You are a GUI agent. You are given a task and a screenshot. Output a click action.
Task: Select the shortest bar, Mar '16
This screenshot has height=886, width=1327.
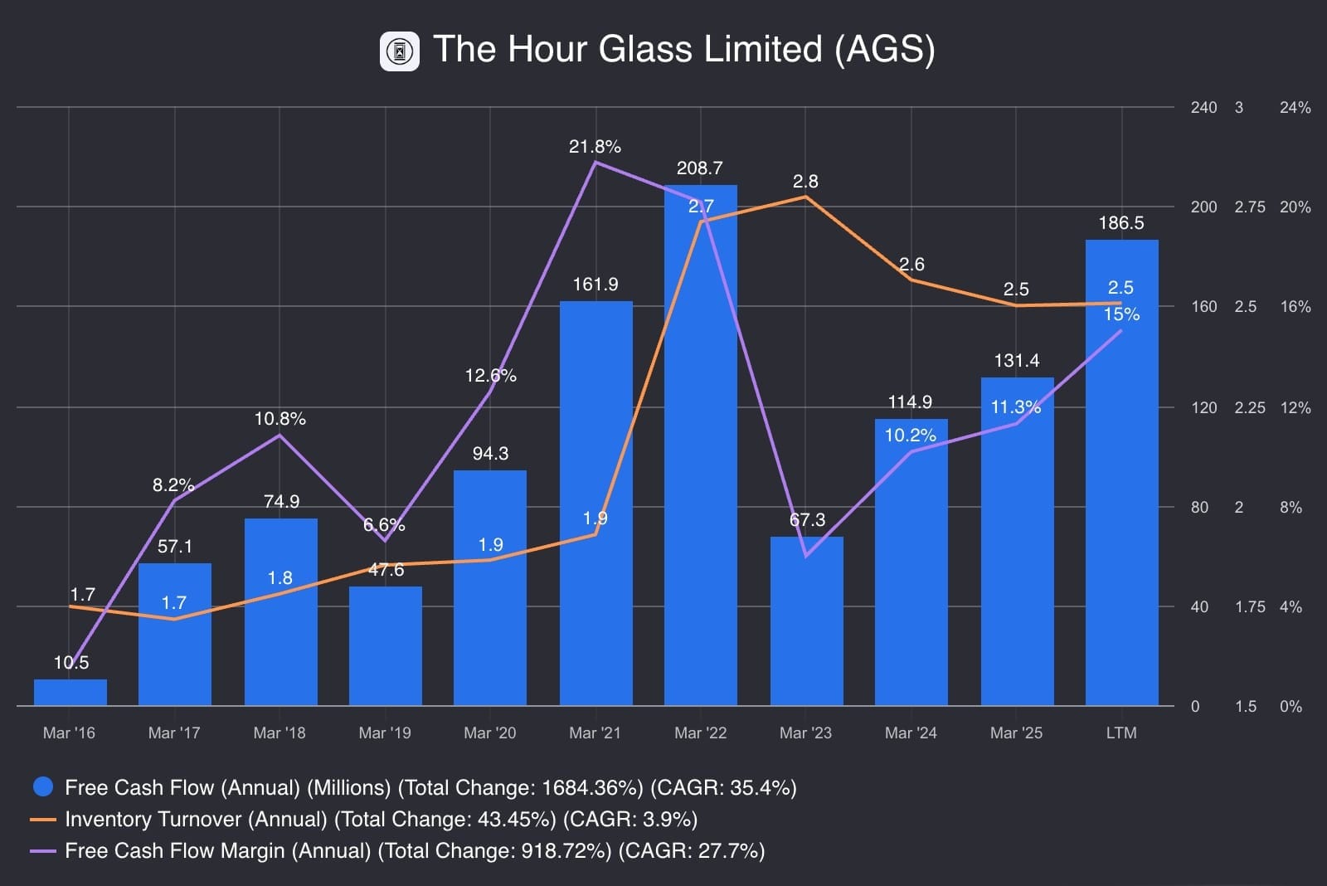[70, 693]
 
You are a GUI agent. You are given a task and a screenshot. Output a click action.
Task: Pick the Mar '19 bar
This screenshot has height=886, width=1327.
[385, 647]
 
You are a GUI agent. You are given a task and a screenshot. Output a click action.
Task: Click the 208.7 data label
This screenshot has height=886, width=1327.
[699, 168]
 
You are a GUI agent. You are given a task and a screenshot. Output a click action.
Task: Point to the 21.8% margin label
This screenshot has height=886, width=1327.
[595, 147]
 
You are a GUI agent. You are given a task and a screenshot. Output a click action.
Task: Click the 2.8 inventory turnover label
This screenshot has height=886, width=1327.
[804, 182]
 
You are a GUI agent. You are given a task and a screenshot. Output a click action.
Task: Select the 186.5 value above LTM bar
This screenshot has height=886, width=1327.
[1120, 223]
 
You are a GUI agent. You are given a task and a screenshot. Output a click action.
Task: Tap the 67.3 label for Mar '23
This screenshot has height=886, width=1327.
[807, 520]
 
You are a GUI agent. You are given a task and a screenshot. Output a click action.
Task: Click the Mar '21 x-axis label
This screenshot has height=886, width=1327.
[595, 733]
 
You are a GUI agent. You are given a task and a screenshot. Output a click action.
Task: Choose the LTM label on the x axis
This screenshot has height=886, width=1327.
[1121, 733]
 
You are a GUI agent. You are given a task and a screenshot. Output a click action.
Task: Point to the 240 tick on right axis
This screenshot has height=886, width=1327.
[1203, 108]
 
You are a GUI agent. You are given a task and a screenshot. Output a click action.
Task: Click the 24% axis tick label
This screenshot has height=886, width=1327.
[1295, 108]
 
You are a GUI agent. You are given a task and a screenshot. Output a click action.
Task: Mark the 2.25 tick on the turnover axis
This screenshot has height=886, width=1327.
[1249, 407]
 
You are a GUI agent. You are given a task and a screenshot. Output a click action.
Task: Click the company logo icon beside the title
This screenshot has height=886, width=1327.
[400, 51]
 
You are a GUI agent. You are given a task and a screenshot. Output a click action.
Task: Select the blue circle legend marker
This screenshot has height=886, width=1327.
[42, 786]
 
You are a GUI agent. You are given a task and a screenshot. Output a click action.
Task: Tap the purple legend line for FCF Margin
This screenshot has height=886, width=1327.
[42, 851]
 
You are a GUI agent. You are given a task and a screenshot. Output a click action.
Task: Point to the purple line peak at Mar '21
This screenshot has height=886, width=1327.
[595, 163]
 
